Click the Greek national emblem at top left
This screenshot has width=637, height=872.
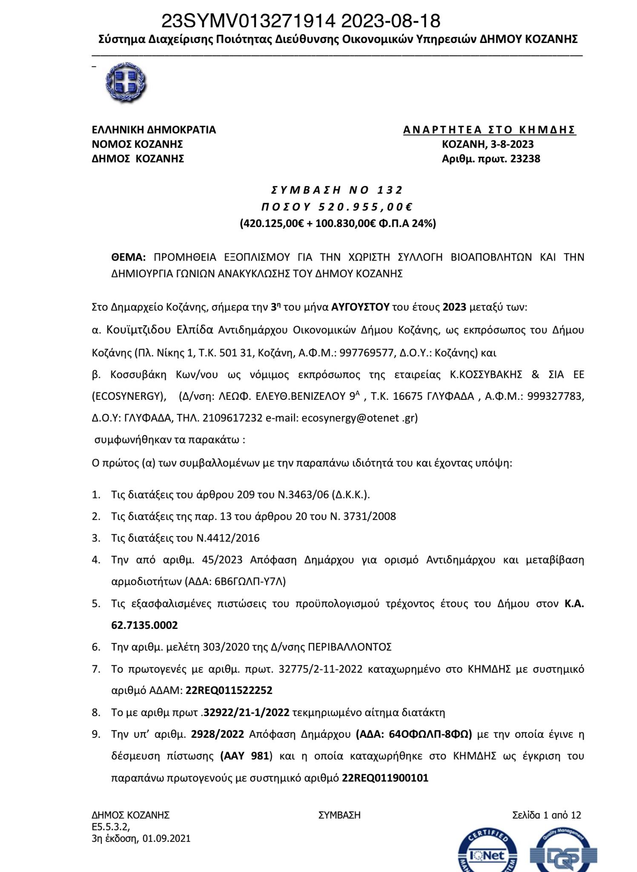tap(125, 83)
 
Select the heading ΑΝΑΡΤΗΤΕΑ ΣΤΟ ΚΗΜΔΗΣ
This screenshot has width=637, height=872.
tap(489, 129)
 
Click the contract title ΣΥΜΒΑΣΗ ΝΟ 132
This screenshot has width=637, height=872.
tap(337, 189)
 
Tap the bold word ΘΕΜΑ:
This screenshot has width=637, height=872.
tap(129, 257)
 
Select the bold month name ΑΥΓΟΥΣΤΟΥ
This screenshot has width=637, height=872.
tap(360, 307)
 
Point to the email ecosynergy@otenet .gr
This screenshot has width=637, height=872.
tap(359, 418)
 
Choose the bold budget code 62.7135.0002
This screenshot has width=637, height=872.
tap(144, 625)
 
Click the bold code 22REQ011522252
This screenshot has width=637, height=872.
tap(229, 690)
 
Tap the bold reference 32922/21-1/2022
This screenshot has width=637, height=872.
tap(247, 712)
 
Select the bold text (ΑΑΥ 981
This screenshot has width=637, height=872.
tap(245, 756)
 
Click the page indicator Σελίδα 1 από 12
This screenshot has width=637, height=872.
tap(547, 815)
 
